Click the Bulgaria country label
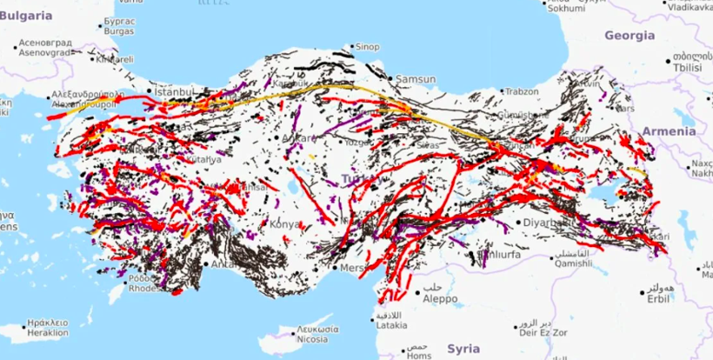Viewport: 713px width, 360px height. [x=26, y=16]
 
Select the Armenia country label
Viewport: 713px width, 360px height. [x=669, y=131]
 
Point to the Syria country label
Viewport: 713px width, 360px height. [x=463, y=348]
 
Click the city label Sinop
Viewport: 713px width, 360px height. [x=369, y=47]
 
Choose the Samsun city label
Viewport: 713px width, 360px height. [x=415, y=79]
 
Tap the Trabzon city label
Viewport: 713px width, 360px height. [x=522, y=91]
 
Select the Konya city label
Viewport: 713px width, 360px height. [x=286, y=223]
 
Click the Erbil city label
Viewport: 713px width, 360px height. [x=657, y=298]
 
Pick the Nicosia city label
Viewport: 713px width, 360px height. [x=312, y=340]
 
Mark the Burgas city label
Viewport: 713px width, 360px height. [x=118, y=31]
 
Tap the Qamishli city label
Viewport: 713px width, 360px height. [x=572, y=263]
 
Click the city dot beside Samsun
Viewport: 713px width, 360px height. [x=391, y=79]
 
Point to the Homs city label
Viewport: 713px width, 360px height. [x=419, y=355]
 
